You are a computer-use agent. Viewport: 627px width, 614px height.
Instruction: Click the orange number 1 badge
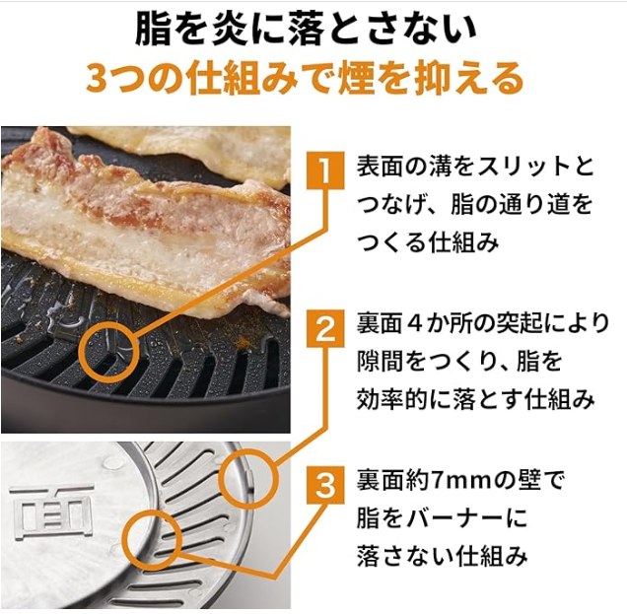325,170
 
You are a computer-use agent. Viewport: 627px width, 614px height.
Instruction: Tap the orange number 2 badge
325,328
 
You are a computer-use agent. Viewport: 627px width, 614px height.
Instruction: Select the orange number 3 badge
325,485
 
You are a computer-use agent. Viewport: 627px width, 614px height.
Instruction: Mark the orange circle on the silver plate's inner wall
153,540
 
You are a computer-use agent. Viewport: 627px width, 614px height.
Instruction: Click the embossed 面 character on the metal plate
52,512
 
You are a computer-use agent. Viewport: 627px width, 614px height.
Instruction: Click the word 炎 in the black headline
229,30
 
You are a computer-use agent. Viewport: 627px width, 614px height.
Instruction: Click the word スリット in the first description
522,167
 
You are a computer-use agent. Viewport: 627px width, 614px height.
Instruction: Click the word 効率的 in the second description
391,400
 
